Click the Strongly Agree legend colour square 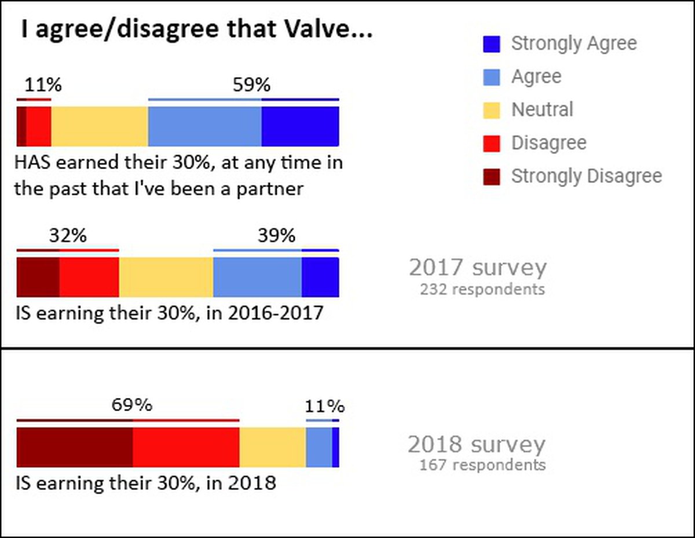(x=491, y=44)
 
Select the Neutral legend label (x=542, y=109)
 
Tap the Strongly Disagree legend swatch (x=491, y=176)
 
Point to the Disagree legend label (x=548, y=143)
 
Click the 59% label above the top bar (x=251, y=86)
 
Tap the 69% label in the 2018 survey (x=132, y=405)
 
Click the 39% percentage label (x=276, y=236)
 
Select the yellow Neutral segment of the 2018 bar (x=272, y=447)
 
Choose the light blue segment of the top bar (x=204, y=126)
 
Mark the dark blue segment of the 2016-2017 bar (x=320, y=277)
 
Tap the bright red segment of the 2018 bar (x=186, y=447)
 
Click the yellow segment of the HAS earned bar (x=100, y=126)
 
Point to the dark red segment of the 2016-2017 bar (x=38, y=277)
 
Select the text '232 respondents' (x=482, y=288)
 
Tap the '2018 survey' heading (x=477, y=445)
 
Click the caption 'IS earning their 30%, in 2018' (x=145, y=482)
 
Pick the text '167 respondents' (x=482, y=464)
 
